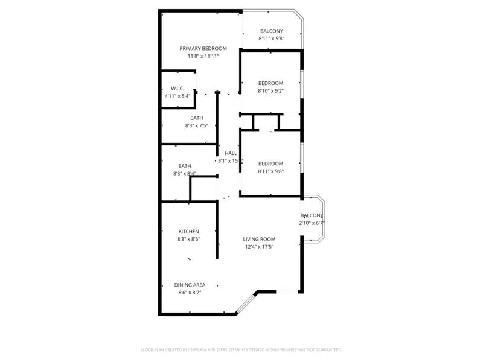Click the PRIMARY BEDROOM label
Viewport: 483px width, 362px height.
(203, 48)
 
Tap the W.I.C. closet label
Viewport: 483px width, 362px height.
(177, 89)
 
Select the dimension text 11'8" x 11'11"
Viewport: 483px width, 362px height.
(203, 56)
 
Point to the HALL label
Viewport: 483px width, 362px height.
(231, 153)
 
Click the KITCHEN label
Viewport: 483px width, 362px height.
(188, 232)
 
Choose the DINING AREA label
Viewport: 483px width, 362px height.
(190, 285)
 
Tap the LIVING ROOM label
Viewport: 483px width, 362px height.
(259, 239)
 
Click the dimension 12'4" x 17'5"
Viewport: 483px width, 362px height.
(259, 247)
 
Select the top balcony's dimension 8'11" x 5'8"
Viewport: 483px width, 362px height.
(271, 39)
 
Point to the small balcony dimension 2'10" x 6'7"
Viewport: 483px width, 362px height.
(312, 223)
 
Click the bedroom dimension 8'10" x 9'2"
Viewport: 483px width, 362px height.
(270, 91)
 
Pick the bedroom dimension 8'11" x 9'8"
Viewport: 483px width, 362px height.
(270, 171)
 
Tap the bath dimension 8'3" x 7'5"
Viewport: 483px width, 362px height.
(197, 126)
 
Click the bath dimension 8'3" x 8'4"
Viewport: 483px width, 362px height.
(185, 174)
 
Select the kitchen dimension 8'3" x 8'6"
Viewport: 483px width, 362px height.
(188, 240)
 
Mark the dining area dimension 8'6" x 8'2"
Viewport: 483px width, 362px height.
(190, 293)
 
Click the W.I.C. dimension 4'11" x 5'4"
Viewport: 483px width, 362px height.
(177, 96)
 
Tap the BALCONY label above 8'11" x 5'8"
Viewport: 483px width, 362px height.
(271, 31)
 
